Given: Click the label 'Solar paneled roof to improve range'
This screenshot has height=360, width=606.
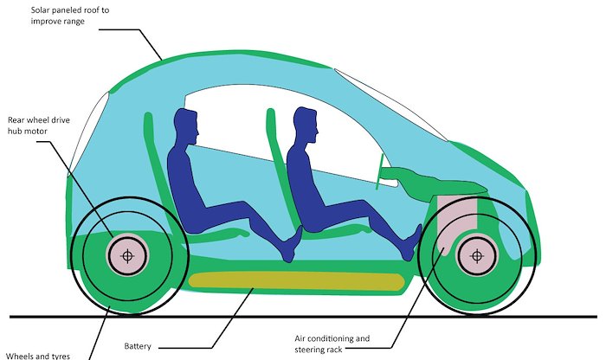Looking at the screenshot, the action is [x=70, y=16].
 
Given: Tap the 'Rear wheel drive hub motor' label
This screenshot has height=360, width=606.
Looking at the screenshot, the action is [x=39, y=125].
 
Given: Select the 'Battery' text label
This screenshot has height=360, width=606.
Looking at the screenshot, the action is [x=138, y=345].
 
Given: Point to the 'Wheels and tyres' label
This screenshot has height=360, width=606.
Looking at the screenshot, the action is [x=38, y=356].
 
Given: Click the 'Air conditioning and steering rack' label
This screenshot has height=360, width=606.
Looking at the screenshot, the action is [x=332, y=344].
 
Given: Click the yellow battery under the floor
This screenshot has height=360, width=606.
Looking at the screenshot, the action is [x=296, y=280].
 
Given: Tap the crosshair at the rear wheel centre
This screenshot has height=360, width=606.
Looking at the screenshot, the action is [x=127, y=255].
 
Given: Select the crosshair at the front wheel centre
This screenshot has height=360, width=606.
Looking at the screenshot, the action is [x=477, y=255].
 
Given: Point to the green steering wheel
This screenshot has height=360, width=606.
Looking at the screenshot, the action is [x=379, y=171].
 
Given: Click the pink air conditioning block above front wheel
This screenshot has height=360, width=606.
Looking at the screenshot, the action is [x=456, y=220].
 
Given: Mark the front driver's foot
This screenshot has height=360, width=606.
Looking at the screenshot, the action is [x=410, y=243].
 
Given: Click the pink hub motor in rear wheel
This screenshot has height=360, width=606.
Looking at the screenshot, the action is [x=127, y=255].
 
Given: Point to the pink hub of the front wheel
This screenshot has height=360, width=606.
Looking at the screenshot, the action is [x=477, y=255].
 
